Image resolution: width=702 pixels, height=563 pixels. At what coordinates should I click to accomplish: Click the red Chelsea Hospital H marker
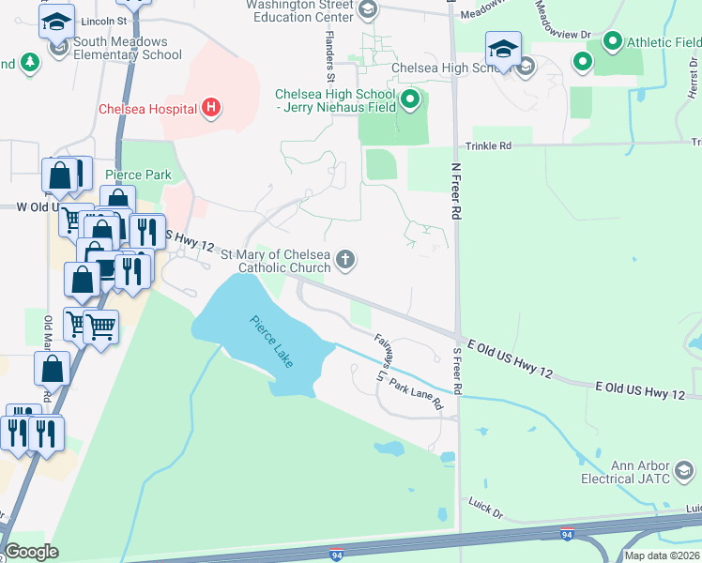[x=211, y=109]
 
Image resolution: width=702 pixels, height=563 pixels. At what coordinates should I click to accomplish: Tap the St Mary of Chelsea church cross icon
[x=346, y=260]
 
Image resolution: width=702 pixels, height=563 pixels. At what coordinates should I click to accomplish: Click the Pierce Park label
[x=138, y=175]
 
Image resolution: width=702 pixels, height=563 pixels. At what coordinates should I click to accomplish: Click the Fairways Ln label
[x=381, y=357]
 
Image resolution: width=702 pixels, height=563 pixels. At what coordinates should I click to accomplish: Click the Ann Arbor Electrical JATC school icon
[x=684, y=470]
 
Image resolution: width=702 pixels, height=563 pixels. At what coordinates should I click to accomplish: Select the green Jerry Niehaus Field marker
[x=409, y=99]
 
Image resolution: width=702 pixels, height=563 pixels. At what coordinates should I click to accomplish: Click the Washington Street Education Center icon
[x=368, y=10]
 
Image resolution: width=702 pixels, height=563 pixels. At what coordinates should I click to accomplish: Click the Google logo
[x=32, y=551]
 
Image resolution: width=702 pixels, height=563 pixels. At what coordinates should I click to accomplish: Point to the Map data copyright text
[x=662, y=555]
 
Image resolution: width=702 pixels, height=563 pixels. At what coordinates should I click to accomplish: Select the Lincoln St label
[x=103, y=20]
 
